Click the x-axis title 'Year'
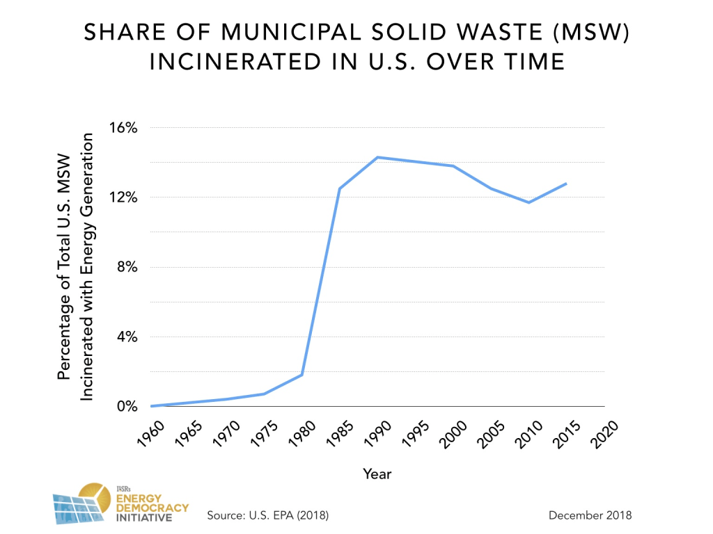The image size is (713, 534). [377, 474]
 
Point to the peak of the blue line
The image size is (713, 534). [377, 157]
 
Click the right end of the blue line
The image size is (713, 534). [566, 184]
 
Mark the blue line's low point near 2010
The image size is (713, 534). [528, 202]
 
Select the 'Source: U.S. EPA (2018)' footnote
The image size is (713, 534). [267, 515]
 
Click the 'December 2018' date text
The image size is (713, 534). [590, 515]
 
